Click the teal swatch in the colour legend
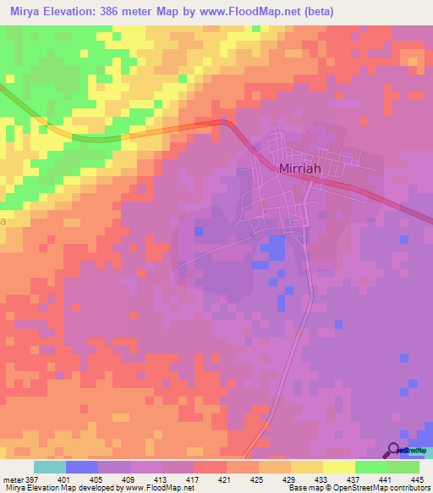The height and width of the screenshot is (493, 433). point(50,467)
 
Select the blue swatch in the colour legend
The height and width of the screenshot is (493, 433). point(82,467)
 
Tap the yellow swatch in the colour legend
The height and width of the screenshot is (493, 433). point(338,467)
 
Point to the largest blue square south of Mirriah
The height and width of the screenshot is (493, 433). point(272,248)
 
